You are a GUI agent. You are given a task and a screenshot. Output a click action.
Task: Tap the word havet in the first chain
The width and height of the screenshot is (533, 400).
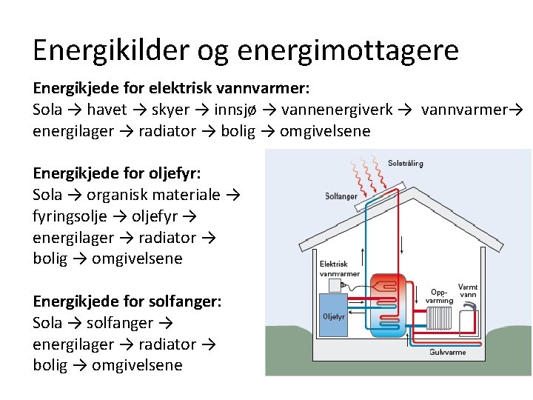coord(107,110)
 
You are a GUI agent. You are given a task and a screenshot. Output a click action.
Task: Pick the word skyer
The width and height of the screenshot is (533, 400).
coord(170,110)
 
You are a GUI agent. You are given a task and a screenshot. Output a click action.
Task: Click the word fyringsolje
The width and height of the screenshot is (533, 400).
coord(73,216)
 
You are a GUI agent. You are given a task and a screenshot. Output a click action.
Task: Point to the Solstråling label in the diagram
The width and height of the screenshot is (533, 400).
coord(406,163)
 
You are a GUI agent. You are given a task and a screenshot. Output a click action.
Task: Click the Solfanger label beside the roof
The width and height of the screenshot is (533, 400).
coord(341,196)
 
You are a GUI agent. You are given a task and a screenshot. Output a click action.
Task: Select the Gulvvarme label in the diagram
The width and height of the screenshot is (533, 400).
coord(448,352)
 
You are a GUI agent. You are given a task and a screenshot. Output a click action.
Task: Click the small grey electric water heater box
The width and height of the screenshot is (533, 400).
coord(332,284)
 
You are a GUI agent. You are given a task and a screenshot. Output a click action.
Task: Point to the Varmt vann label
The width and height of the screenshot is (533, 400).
coord(469,290)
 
